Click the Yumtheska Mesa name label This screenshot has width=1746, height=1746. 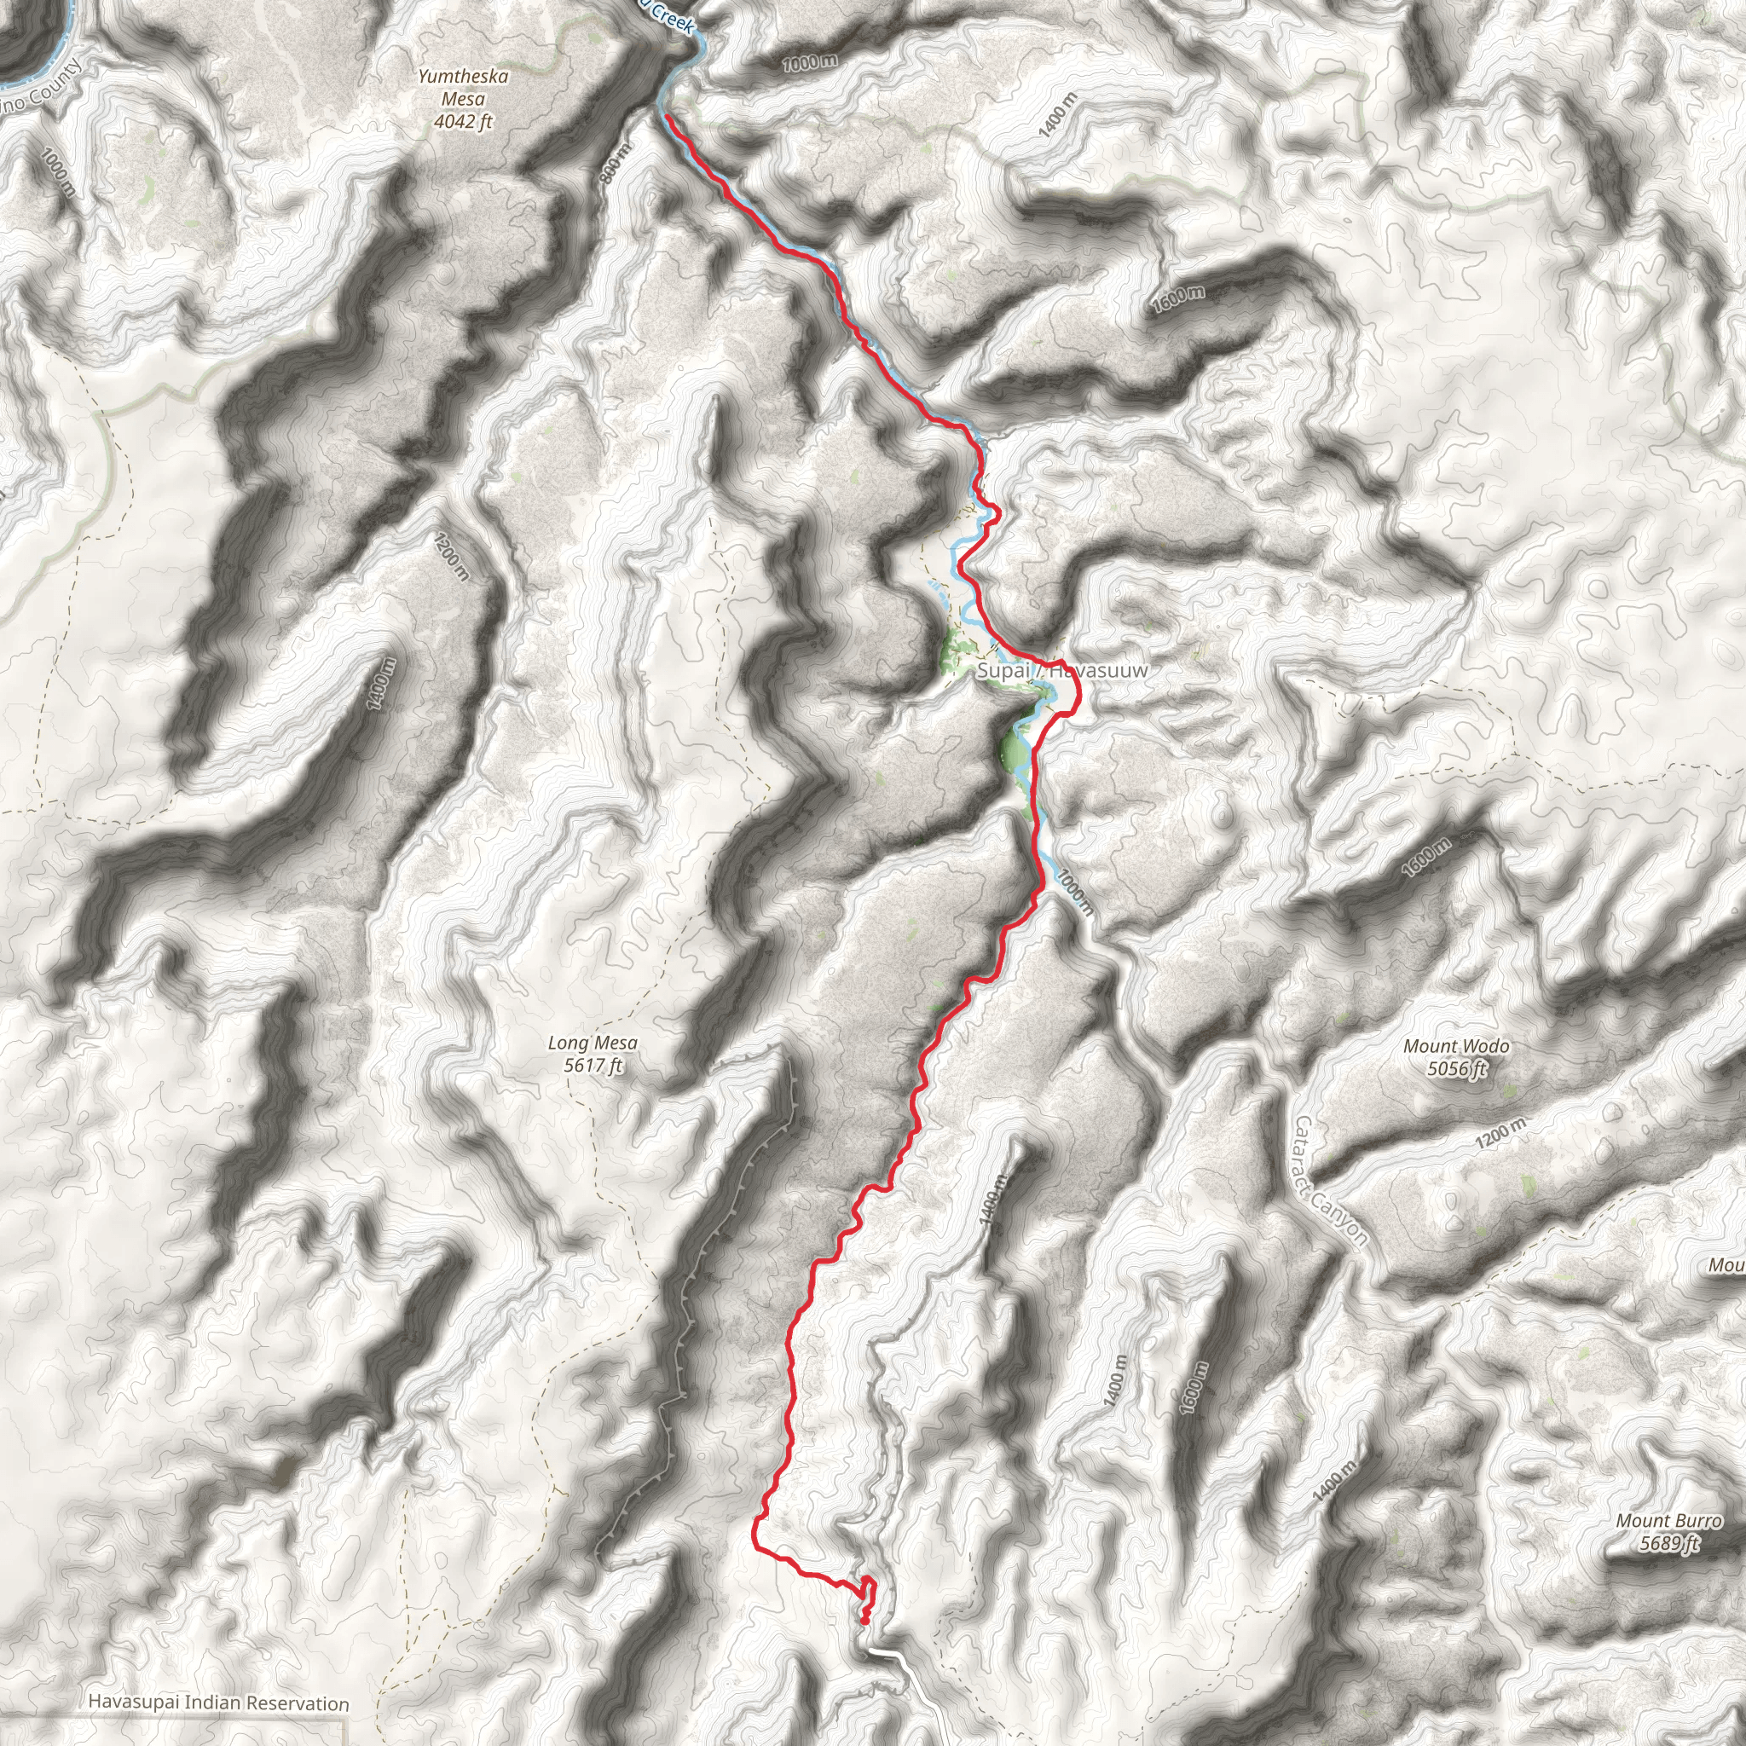pyautogui.click(x=463, y=88)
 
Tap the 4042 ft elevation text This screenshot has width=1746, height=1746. pyautogui.click(x=463, y=121)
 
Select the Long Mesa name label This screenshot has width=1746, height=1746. pyautogui.click(x=592, y=1043)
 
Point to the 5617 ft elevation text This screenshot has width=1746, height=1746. pyautogui.click(x=593, y=1066)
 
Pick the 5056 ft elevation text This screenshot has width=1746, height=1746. pyautogui.click(x=1457, y=1069)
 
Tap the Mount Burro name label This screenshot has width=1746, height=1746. pyautogui.click(x=1668, y=1521)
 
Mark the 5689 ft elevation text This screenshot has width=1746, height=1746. pyautogui.click(x=1669, y=1544)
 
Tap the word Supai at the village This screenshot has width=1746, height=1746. pyautogui.click(x=1003, y=671)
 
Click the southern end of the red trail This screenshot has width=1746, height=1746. pyautogui.click(x=864, y=1622)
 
